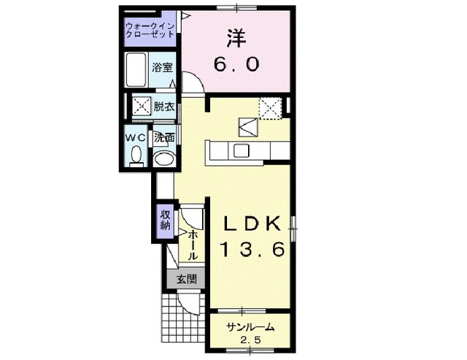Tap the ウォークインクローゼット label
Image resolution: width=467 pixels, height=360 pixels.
click(x=150, y=30)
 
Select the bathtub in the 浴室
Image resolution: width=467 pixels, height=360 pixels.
click(x=136, y=71)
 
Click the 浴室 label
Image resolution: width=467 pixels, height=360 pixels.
click(x=163, y=68)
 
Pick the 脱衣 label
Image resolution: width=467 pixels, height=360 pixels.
click(x=164, y=107)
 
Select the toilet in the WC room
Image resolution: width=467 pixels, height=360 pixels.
click(x=136, y=155)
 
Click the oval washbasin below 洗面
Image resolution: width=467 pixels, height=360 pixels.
click(x=165, y=158)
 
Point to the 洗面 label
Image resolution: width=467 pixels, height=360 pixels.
click(x=164, y=137)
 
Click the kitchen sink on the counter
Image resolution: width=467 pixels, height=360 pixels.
click(x=240, y=150)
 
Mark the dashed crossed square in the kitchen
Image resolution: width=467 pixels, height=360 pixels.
click(x=270, y=108)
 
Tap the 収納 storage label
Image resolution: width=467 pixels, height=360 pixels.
click(x=165, y=220)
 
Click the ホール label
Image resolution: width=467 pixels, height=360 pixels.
click(x=192, y=246)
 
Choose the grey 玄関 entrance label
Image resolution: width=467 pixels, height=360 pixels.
click(x=186, y=278)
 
